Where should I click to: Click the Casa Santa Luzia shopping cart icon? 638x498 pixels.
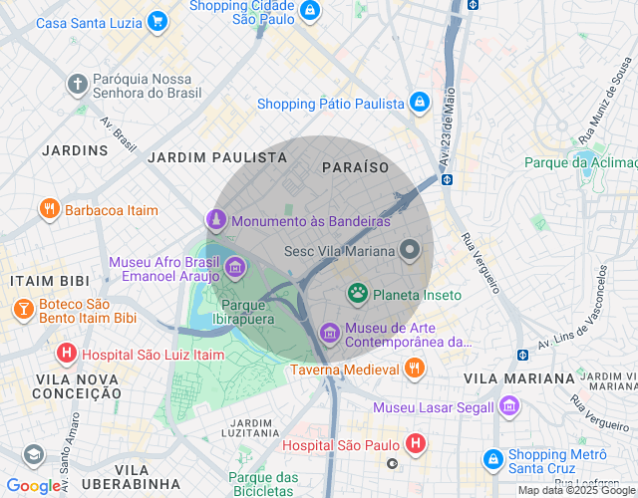pyautogui.click(x=157, y=21)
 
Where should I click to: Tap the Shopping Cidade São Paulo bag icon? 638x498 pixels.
pyautogui.click(x=310, y=10)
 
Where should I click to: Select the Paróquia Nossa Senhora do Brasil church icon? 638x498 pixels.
pyautogui.click(x=77, y=85)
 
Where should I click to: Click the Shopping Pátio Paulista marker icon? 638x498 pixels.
pyautogui.click(x=420, y=103)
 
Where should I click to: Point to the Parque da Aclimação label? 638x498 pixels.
pyautogui.click(x=581, y=162)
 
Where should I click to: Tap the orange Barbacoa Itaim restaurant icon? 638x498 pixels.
pyautogui.click(x=49, y=209)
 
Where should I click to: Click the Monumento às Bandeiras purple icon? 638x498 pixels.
pyautogui.click(x=214, y=220)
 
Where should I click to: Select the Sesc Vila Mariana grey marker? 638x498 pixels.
pyautogui.click(x=410, y=250)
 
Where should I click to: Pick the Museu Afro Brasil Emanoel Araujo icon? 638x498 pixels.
pyautogui.click(x=235, y=267)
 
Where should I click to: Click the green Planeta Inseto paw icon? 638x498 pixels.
pyautogui.click(x=357, y=294)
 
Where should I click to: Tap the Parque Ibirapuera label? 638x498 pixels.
pyautogui.click(x=248, y=312)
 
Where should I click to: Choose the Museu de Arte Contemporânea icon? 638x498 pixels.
pyautogui.click(x=329, y=333)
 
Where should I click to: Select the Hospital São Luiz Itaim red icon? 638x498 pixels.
pyautogui.click(x=66, y=353)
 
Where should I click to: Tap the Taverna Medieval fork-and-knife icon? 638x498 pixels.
pyautogui.click(x=415, y=370)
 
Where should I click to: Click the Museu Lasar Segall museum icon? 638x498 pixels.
pyautogui.click(x=509, y=406)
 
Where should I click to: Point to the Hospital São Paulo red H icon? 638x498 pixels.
pyautogui.click(x=416, y=444)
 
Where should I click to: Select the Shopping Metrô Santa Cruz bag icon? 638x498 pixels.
pyautogui.click(x=491, y=459)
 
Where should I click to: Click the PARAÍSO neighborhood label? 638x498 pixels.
pyautogui.click(x=356, y=167)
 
